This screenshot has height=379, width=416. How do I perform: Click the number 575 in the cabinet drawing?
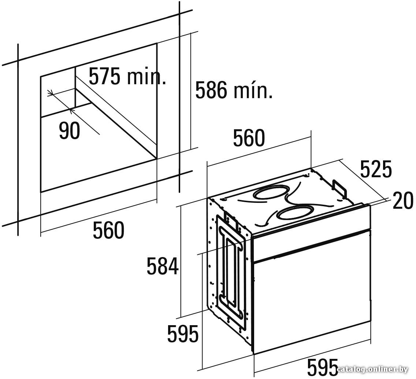tap(104, 77)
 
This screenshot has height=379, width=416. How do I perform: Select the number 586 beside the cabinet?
tap(211, 90)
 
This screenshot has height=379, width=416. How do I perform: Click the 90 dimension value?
tap(70, 131)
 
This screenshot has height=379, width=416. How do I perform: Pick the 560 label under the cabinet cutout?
tap(108, 230)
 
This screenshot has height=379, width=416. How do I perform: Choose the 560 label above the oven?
tap(249, 138)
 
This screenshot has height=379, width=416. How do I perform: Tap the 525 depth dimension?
tap(376, 169)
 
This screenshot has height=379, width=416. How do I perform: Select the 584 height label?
tap(163, 266)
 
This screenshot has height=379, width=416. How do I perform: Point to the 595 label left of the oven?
tap(183, 334)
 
